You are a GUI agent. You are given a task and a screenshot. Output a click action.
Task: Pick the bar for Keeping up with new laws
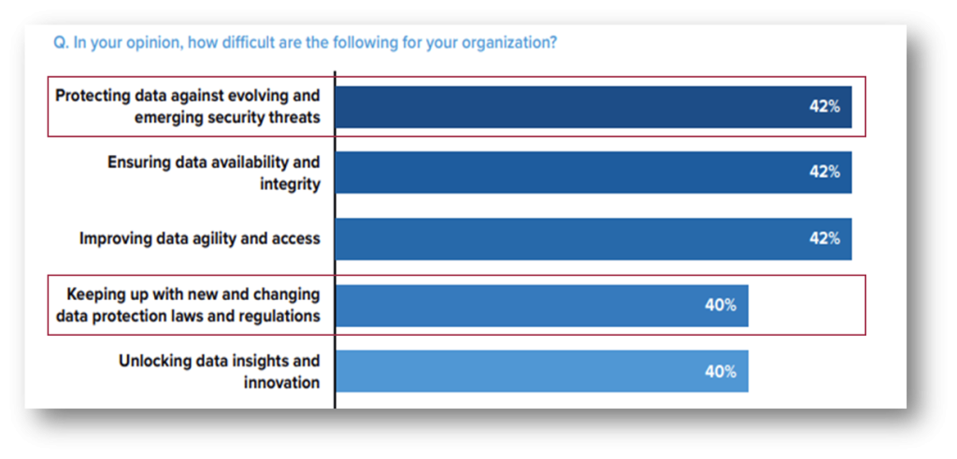click(x=523, y=305)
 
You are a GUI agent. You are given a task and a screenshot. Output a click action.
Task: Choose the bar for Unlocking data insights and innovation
click(x=523, y=371)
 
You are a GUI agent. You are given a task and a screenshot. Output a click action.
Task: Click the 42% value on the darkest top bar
click(x=824, y=107)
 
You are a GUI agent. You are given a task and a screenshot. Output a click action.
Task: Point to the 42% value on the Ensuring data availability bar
click(x=824, y=172)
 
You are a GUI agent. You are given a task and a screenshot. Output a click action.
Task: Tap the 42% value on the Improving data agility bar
click(x=824, y=238)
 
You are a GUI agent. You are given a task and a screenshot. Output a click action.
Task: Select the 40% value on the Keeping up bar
click(x=721, y=305)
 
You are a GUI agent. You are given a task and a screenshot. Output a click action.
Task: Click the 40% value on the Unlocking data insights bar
click(x=721, y=371)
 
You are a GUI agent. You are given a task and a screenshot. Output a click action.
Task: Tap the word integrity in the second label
click(x=290, y=184)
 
